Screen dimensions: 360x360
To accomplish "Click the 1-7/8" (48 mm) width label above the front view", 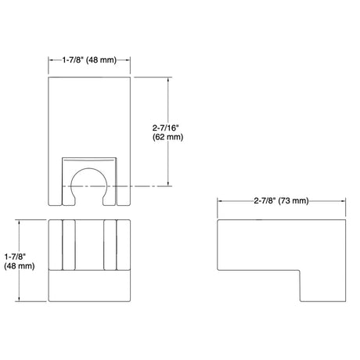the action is pos(89,60).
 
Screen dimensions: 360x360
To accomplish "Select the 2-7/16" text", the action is pos(166,128).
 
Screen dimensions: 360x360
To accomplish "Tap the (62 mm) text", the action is pos(167,137).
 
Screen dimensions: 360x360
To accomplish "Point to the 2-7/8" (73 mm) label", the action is pos(281,200).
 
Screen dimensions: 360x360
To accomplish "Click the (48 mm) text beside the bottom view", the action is pos(20,266).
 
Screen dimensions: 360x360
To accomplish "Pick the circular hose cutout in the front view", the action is pos(88,168).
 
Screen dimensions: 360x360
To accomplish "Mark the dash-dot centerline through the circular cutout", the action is pos(117,186).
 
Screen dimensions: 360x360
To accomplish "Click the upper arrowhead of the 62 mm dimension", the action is pos(168,79).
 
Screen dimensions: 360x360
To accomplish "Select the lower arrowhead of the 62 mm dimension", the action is pos(168,183).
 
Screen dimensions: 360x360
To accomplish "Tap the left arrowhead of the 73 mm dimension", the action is pos(220,201).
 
